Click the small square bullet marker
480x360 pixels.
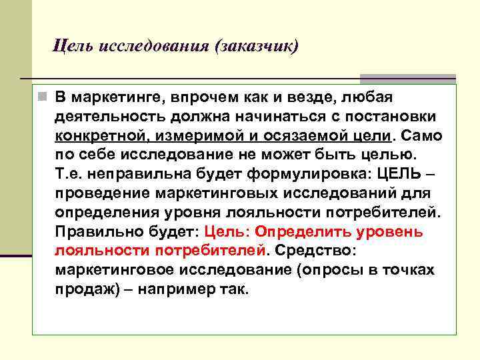(42, 98)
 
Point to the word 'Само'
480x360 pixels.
(420, 136)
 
